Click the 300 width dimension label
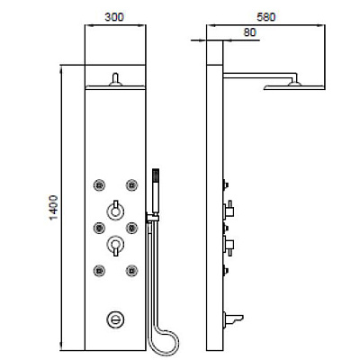click(x=114, y=17)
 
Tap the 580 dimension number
click(x=266, y=17)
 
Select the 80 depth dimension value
click(x=249, y=32)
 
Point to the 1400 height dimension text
click(x=53, y=207)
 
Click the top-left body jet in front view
click(x=99, y=185)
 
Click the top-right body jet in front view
click(x=131, y=185)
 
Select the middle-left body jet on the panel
click(x=99, y=228)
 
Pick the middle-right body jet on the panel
click(x=131, y=228)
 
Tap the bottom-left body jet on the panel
click(x=99, y=271)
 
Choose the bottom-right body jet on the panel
click(x=131, y=271)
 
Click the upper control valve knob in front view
click(x=115, y=211)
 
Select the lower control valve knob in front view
click(x=115, y=245)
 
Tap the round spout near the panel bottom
click(x=115, y=319)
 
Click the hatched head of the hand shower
click(x=156, y=175)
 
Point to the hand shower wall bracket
click(x=152, y=218)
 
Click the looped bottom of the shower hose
click(x=164, y=342)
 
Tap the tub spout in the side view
click(x=233, y=319)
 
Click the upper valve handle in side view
click(x=229, y=210)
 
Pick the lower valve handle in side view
click(x=229, y=246)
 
